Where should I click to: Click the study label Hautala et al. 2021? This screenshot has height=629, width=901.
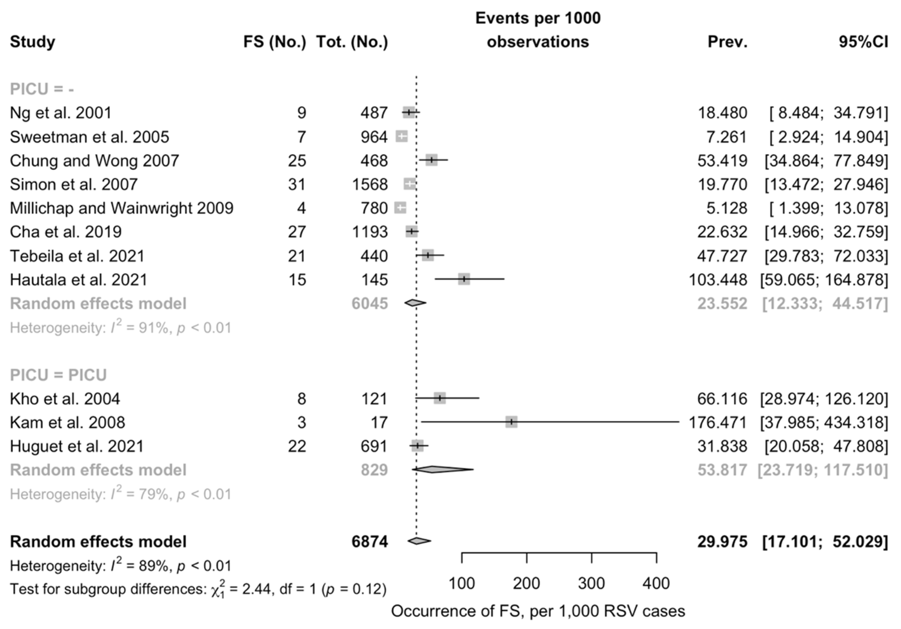coord(79,280)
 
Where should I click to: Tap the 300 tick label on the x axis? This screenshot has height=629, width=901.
coord(591,584)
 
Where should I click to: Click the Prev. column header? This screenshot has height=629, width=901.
coord(727,42)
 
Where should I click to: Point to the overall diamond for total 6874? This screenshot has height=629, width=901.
coord(419,541)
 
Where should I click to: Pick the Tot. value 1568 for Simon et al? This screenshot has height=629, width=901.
coord(370,185)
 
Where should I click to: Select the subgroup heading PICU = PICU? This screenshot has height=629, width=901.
coord(58,375)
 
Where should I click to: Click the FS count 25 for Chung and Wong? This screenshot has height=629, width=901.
coord(297,160)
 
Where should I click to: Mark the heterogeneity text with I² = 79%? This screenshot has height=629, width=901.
coord(120,494)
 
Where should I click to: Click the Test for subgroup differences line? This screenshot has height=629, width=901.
coord(198,589)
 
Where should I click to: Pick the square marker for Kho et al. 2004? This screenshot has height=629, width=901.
coord(440,398)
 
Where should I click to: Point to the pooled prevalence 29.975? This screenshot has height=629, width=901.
coord(722,541)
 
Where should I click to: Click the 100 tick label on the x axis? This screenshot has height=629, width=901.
coord(461,584)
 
